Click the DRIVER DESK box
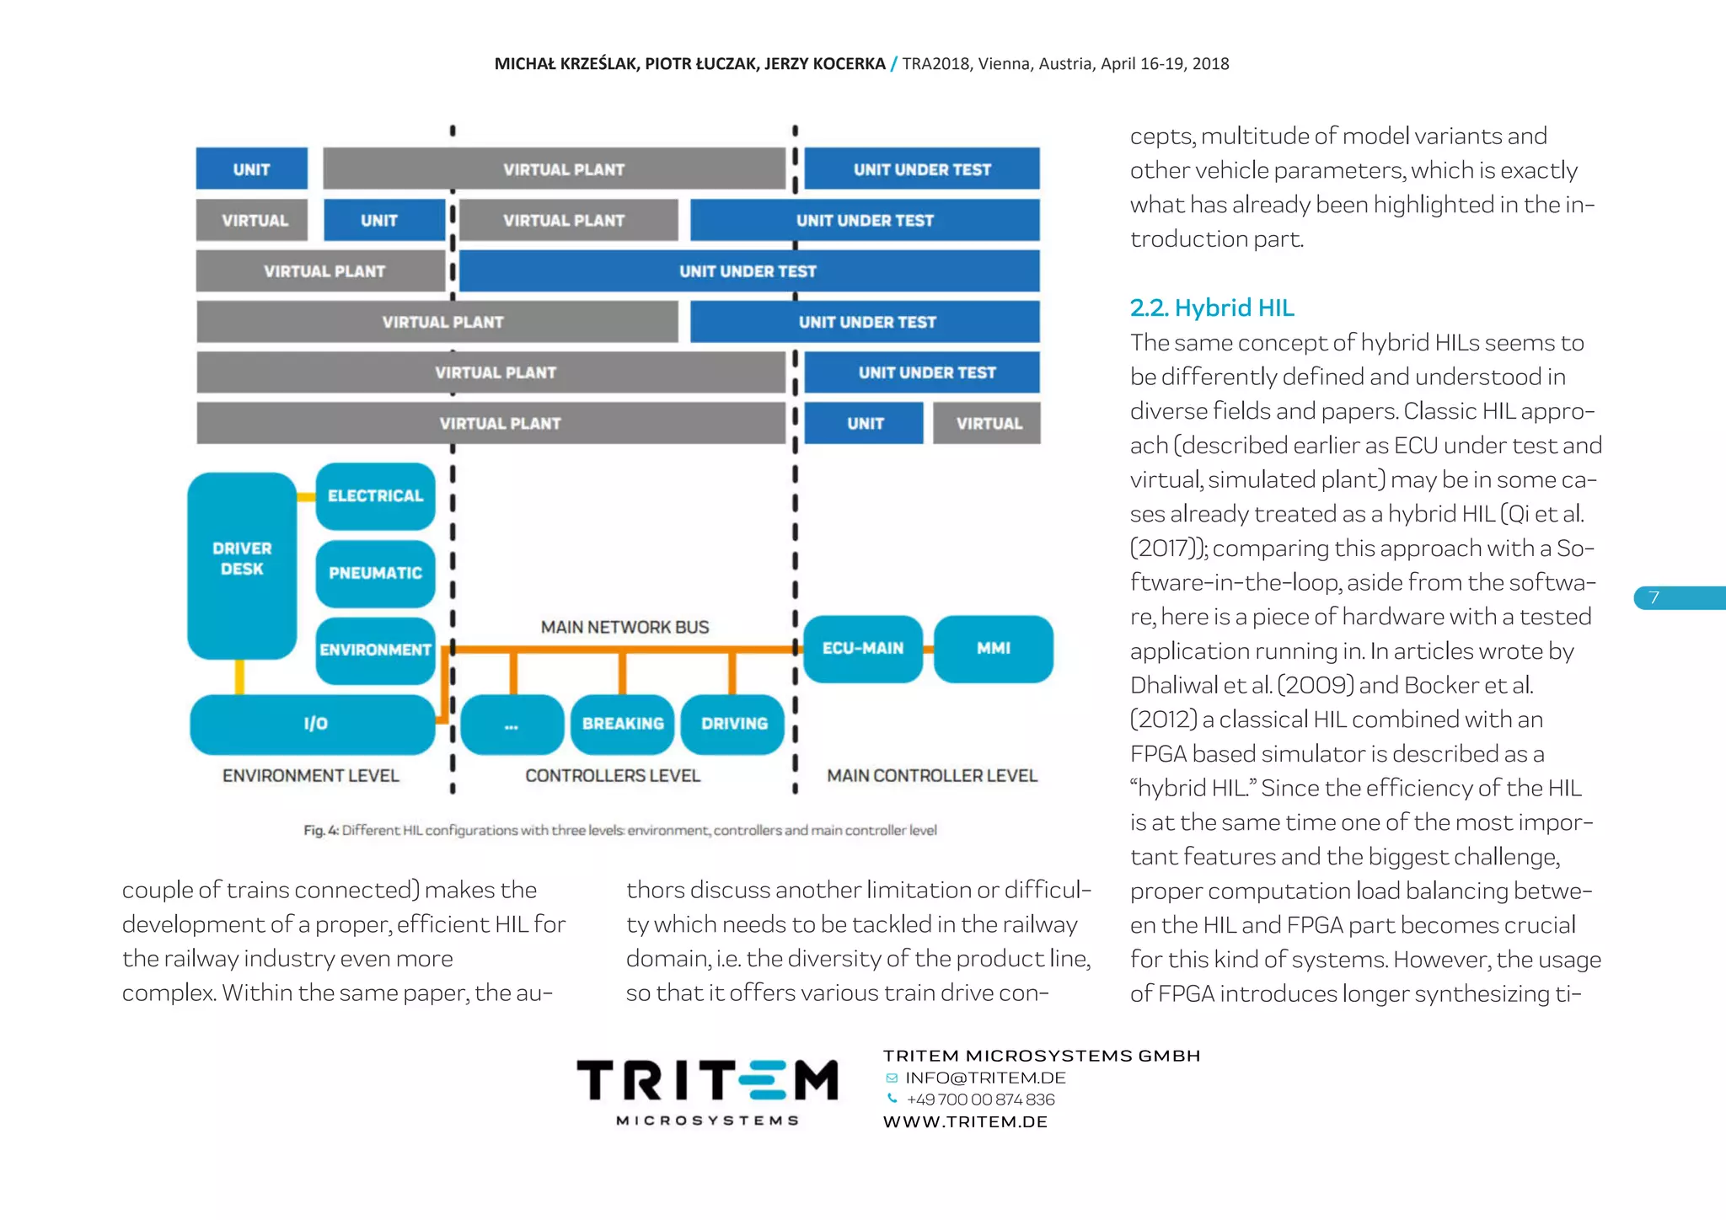tap(242, 565)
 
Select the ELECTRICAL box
tap(375, 496)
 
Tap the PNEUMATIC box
tap(375, 574)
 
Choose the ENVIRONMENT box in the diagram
tap(375, 650)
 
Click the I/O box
tap(314, 724)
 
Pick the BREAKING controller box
tap(623, 724)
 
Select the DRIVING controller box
tap(733, 724)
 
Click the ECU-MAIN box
tap(863, 649)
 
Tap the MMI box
tap(994, 649)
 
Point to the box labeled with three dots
tap(512, 724)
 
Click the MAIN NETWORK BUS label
tap(624, 628)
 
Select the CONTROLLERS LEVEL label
tap(613, 776)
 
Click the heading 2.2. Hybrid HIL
tap(1212, 308)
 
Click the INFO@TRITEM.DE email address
tap(985, 1078)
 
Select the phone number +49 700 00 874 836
tap(980, 1100)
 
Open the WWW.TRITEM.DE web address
tap(965, 1122)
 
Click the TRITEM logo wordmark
tap(707, 1082)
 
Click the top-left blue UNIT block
tap(251, 169)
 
